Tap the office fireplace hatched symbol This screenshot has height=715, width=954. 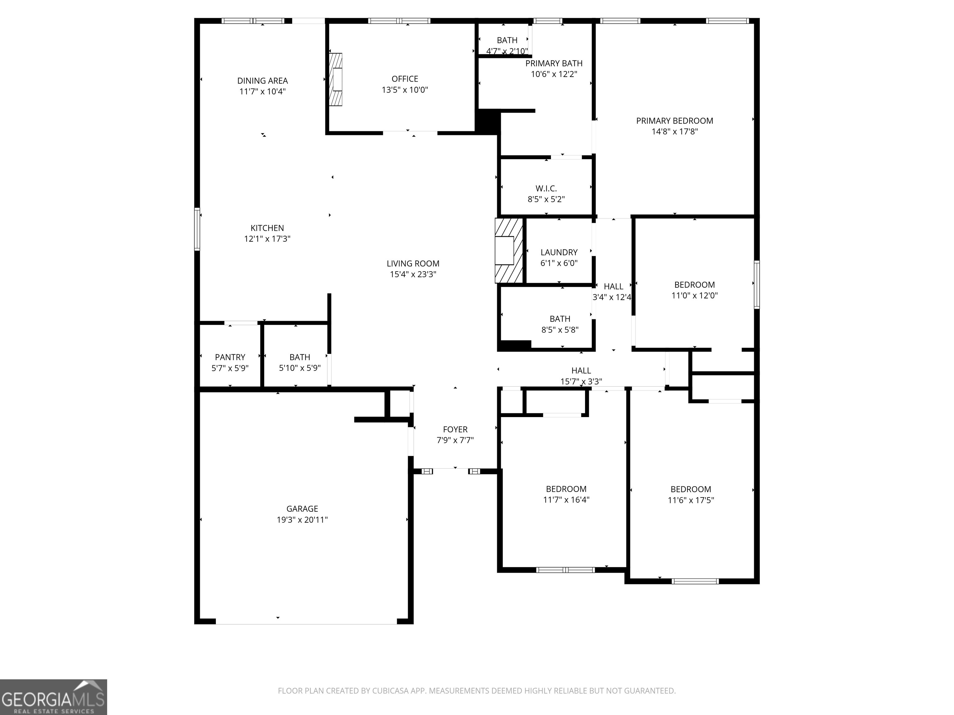[x=335, y=79]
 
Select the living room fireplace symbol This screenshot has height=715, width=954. [x=509, y=250]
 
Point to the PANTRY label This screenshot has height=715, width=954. [x=230, y=357]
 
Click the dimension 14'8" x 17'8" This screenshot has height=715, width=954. [x=675, y=132]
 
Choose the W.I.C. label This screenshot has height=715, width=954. [x=546, y=188]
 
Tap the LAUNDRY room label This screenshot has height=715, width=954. [x=559, y=252]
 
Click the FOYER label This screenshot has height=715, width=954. [x=455, y=429]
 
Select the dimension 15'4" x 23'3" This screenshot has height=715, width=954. [x=413, y=274]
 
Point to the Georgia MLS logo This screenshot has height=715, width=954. [x=53, y=697]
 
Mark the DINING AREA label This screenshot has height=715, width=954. [x=262, y=81]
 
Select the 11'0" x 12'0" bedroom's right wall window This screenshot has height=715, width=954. [x=756, y=285]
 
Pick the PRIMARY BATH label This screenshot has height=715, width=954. [x=554, y=63]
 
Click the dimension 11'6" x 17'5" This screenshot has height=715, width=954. [x=690, y=500]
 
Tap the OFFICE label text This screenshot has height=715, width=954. [x=405, y=79]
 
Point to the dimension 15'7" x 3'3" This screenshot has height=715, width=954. [x=581, y=381]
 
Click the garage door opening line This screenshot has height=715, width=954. [x=306, y=624]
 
